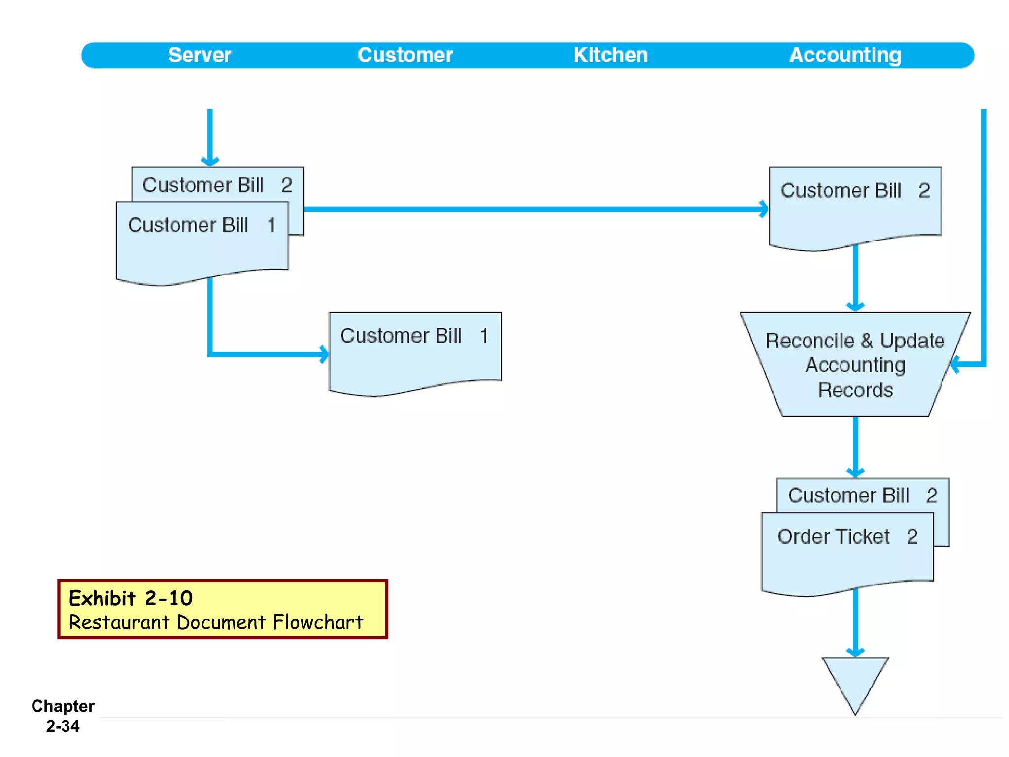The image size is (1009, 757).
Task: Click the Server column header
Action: point(200,55)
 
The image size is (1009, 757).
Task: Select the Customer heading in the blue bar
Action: point(404,55)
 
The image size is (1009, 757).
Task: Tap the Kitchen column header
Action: point(610,55)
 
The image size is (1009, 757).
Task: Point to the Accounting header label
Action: point(845,55)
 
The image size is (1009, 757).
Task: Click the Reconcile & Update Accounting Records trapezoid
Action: point(855,365)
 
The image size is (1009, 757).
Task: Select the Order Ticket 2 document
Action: point(847,552)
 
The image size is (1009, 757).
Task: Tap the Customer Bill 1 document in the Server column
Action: point(202,241)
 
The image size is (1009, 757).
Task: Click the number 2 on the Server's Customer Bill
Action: point(286,186)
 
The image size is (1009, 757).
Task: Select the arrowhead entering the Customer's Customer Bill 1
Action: point(323,354)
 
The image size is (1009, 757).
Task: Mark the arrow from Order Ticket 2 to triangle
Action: point(855,623)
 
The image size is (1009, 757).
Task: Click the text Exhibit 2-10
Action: point(131,598)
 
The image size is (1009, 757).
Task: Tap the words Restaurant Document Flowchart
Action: point(216,622)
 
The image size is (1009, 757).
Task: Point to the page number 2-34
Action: point(63,726)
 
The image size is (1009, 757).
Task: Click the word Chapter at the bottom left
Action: point(63,706)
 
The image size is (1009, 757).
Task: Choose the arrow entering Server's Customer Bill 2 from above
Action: point(210,138)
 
